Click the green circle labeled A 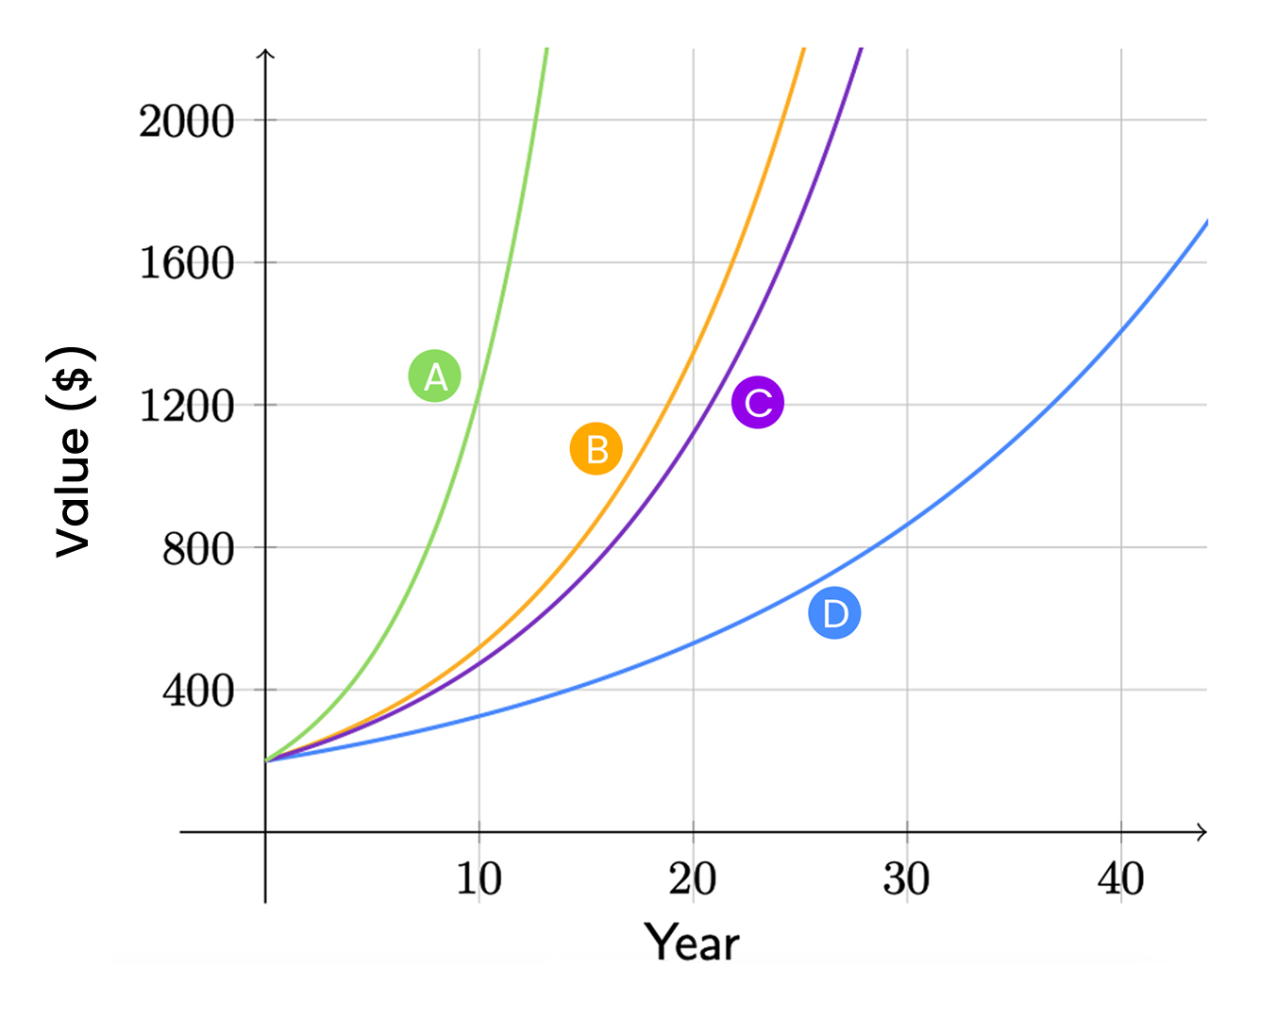tap(434, 375)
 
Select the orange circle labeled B tap(596, 449)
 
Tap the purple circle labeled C tap(758, 403)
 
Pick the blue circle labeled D tap(835, 613)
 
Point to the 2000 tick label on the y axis tap(187, 122)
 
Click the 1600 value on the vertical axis tap(187, 264)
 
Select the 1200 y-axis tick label tap(187, 407)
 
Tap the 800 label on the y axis tap(198, 549)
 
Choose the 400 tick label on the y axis tap(198, 692)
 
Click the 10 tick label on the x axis tap(479, 879)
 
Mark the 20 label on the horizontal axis tap(693, 879)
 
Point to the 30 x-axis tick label tap(907, 879)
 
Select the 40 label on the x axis tap(1120, 879)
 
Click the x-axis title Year tap(692, 943)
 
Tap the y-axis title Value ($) tap(73, 452)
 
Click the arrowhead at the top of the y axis tap(265, 55)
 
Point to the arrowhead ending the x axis tap(1201, 832)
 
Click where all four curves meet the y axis tap(265, 760)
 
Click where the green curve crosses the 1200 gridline tap(475, 405)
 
